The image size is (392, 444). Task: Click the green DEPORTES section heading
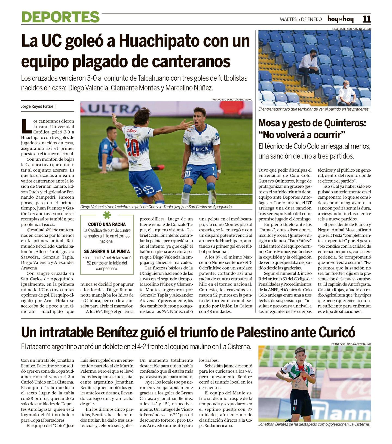click(x=60, y=17)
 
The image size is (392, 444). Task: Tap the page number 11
click(x=366, y=19)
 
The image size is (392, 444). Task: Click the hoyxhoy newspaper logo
click(x=340, y=19)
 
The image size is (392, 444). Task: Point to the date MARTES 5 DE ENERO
click(x=301, y=19)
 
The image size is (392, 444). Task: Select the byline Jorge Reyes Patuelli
click(x=39, y=106)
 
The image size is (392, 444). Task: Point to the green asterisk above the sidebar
click(x=107, y=215)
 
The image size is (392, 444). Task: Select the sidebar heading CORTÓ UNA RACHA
click(x=107, y=224)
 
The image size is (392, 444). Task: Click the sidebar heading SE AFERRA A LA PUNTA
click(x=107, y=251)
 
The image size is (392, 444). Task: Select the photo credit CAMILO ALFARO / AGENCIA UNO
click(x=351, y=29)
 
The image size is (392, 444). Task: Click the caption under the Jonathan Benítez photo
click(x=314, y=424)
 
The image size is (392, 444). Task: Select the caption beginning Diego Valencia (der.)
click(x=156, y=207)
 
